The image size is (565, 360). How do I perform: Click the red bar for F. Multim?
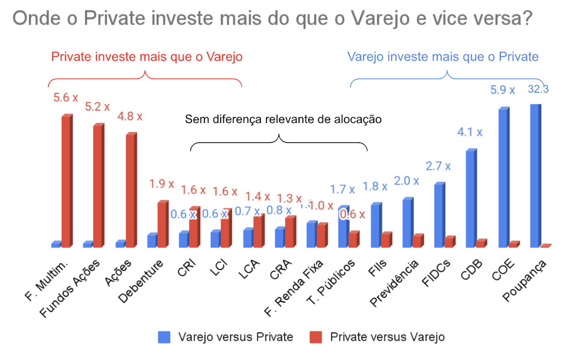67,182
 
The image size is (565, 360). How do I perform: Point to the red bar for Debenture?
162,224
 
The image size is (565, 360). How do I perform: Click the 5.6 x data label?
66,98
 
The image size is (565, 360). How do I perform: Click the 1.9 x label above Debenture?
163,184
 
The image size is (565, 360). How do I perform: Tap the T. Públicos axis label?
332,285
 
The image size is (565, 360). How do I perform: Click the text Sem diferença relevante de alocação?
284,119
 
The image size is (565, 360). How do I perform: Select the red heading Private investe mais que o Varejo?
147,56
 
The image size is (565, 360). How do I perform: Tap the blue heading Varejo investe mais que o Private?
443,56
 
